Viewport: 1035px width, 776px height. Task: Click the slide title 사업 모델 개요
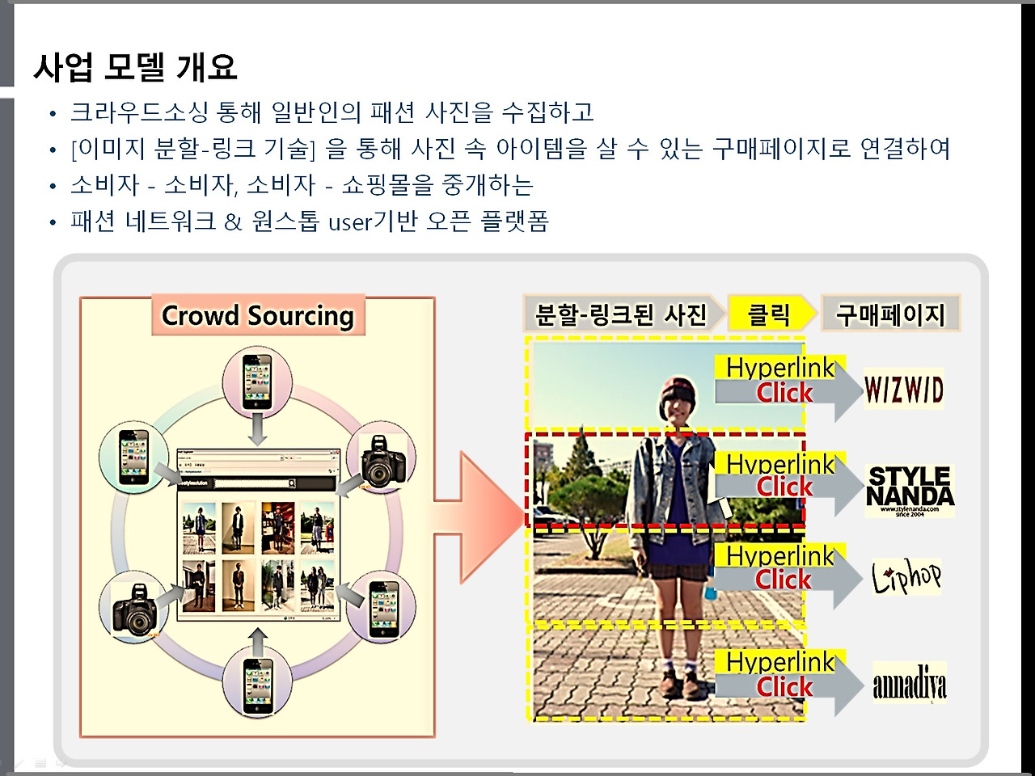click(135, 67)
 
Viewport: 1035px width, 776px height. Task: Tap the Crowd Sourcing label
click(258, 315)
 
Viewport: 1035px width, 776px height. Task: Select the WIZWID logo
click(903, 390)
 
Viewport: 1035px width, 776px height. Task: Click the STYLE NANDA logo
click(910, 488)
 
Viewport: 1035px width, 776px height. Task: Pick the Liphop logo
click(906, 576)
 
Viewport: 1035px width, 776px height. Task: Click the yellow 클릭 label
click(768, 314)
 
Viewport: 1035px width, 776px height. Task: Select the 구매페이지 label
click(889, 314)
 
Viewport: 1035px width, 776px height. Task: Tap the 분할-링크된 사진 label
click(620, 314)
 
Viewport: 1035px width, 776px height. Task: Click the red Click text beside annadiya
click(784, 687)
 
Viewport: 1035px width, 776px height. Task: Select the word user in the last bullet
click(349, 221)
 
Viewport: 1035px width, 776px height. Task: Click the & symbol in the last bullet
click(233, 221)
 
